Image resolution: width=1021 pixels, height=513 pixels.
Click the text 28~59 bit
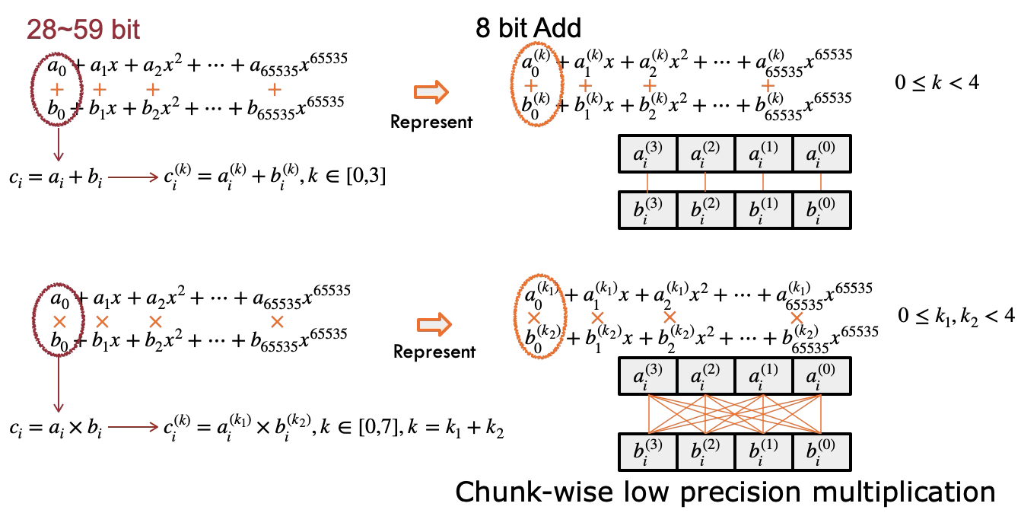[84, 30]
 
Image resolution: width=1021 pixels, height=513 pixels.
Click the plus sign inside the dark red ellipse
[57, 90]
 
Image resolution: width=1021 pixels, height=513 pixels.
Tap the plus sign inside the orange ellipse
[532, 86]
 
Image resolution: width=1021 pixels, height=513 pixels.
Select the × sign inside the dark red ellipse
[59, 322]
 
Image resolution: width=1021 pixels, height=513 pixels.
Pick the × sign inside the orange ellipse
[534, 318]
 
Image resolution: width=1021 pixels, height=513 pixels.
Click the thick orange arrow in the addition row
[431, 92]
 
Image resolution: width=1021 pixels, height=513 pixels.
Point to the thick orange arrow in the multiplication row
[434, 325]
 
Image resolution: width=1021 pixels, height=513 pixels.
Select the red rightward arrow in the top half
[133, 177]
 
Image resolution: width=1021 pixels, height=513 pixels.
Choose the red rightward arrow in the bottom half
[133, 427]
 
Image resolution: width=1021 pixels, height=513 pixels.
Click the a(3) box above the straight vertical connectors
[648, 155]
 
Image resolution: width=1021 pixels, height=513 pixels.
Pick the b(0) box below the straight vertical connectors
[821, 210]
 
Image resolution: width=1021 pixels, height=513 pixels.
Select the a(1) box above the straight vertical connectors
[763, 155]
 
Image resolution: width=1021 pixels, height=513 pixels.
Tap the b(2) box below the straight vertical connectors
[705, 210]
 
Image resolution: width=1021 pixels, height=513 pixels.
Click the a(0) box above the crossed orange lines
[821, 376]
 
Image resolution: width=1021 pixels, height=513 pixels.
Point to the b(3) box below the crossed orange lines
[648, 452]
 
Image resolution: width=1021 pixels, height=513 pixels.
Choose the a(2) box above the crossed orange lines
[705, 376]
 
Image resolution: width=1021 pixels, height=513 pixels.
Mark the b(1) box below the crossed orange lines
[763, 452]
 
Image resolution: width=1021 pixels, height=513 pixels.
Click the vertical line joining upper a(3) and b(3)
[647, 182]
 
